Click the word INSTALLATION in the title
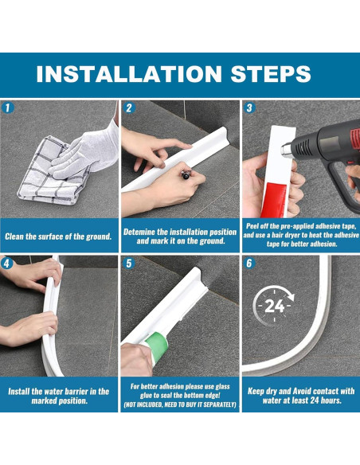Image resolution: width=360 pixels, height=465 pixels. coord(129,74)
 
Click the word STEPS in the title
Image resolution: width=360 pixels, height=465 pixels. coord(271,74)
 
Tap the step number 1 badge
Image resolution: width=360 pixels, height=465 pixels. coord(8,107)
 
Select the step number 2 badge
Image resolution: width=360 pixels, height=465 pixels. coord(129,107)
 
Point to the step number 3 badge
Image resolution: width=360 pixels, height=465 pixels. coord(249,107)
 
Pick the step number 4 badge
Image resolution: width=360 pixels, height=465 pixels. coord(7,263)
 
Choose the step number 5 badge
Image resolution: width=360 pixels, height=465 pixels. coord(129,263)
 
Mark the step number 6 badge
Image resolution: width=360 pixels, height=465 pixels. coord(249,263)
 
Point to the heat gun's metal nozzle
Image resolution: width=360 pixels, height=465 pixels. coord(286,150)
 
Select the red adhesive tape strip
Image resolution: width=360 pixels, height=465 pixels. coord(274,199)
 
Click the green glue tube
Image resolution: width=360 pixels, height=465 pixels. coord(156,347)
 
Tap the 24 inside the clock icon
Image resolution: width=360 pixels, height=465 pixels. coord(275,306)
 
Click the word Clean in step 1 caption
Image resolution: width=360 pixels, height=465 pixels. coord(14,236)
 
